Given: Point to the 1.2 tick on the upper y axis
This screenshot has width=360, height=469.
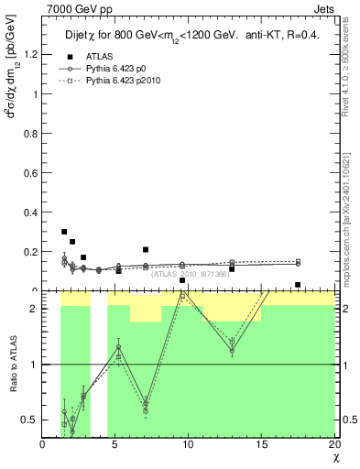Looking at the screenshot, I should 31,54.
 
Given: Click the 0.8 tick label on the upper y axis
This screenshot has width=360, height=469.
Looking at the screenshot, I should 31,133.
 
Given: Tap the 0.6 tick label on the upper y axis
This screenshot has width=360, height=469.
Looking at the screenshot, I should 31,172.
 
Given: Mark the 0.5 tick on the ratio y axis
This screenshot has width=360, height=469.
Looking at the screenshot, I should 31,420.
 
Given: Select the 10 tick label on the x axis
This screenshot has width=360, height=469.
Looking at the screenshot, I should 189,444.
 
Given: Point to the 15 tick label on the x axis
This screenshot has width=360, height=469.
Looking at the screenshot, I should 261,444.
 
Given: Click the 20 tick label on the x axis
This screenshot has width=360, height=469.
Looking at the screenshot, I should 333,444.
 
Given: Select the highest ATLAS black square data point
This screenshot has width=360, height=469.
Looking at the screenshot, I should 64,232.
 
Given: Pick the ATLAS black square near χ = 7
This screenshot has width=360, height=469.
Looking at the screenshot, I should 146,249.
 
